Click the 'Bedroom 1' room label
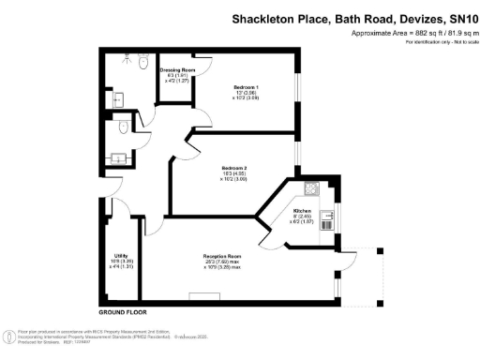pos(246,85)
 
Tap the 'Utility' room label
pos(121,255)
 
